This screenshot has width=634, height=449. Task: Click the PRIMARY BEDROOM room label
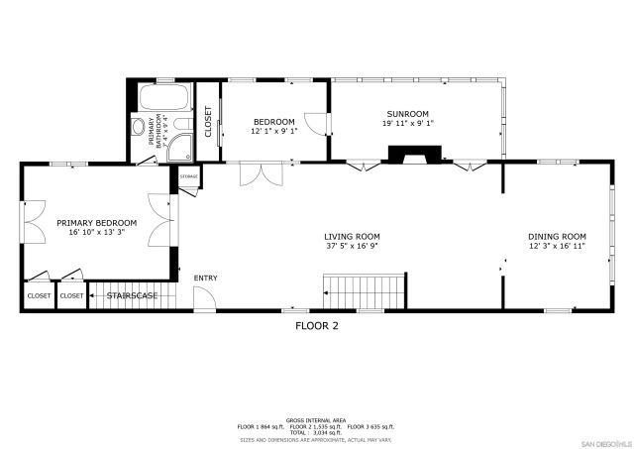pyautogui.click(x=96, y=223)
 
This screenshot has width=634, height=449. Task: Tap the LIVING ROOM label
pyautogui.click(x=353, y=236)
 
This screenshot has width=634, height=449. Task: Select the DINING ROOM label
pyautogui.click(x=557, y=236)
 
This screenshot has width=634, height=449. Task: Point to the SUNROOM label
pyautogui.click(x=406, y=113)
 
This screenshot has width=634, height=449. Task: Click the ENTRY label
pyautogui.click(x=205, y=279)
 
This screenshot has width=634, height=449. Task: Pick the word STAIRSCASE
pyautogui.click(x=133, y=295)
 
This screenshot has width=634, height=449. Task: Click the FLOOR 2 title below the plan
pyautogui.click(x=317, y=324)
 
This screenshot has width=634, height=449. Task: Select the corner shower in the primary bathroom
pyautogui.click(x=181, y=147)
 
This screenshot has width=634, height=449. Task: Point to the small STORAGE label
pyautogui.click(x=189, y=176)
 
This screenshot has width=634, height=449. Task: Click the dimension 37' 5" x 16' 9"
pyautogui.click(x=353, y=246)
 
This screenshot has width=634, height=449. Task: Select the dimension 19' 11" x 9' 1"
pyautogui.click(x=406, y=124)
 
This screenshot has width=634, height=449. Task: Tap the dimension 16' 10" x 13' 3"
pyautogui.click(x=96, y=233)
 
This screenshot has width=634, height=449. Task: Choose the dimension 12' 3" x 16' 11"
pyautogui.click(x=557, y=246)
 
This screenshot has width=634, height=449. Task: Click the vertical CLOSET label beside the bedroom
pyautogui.click(x=209, y=120)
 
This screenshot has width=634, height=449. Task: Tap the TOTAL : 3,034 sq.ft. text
pyautogui.click(x=317, y=433)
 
